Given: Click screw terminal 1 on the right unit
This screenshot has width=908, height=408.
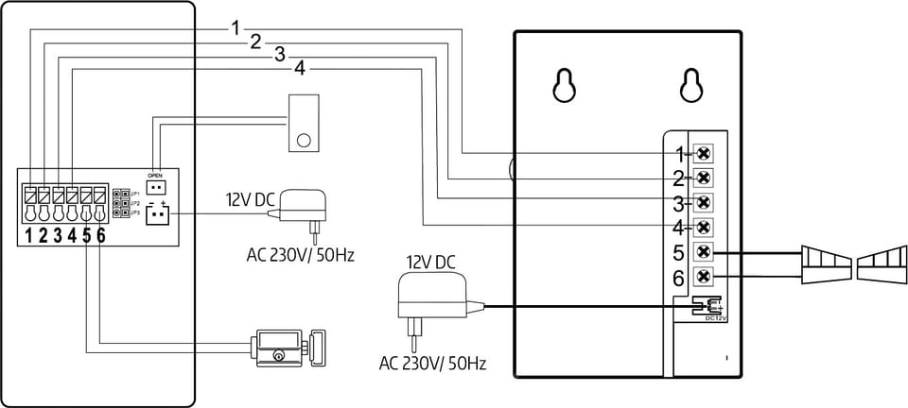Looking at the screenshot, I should tap(704, 153).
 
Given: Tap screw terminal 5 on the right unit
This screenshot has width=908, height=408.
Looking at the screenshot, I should tap(704, 252).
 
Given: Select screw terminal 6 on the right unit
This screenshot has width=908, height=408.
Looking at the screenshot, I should tap(704, 277).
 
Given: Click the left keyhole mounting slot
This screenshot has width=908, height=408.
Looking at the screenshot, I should tap(565, 84).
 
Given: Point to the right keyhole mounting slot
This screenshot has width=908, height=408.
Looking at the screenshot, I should tap(691, 84).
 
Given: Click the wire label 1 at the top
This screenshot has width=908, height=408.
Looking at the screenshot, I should tap(236, 28).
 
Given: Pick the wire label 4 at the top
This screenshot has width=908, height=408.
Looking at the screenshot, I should tap(300, 68).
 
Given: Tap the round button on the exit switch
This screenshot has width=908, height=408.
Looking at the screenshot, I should tap(304, 141).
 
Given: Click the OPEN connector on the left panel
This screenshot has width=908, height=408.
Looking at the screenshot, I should tap(156, 185).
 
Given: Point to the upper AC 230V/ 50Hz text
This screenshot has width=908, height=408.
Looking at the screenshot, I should tap(300, 255).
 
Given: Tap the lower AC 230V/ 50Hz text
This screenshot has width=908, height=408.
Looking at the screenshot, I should tap(432, 363).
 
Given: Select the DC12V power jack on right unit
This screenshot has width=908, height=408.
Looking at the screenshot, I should tap(706, 305).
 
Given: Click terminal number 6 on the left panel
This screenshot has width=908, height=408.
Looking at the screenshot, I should tap(100, 235).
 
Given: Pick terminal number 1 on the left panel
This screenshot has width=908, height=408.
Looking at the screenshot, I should tap(29, 235).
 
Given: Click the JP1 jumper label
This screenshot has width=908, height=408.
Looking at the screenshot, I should tap(135, 194).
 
